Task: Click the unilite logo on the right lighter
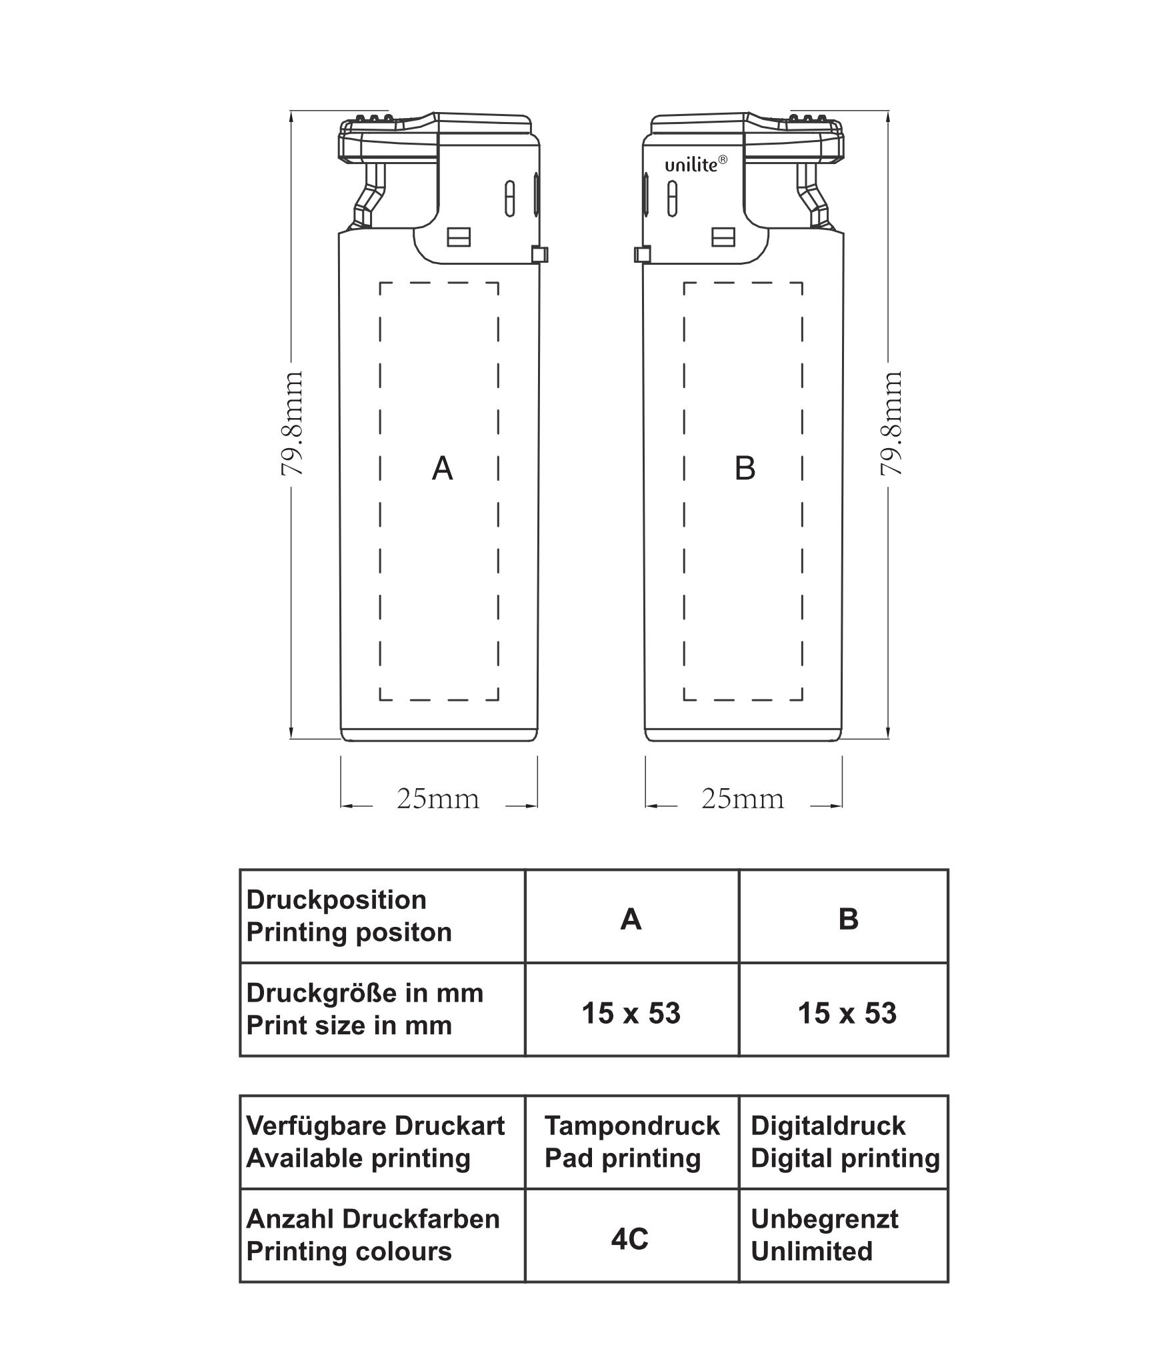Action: (x=695, y=165)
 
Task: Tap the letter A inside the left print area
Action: (x=442, y=468)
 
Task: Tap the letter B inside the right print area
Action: (x=745, y=468)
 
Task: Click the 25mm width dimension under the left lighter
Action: (x=438, y=798)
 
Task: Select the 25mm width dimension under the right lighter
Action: (x=742, y=798)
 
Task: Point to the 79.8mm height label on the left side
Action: (x=292, y=423)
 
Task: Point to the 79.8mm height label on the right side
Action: (x=891, y=423)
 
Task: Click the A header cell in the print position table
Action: (x=631, y=920)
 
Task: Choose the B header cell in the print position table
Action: (x=848, y=920)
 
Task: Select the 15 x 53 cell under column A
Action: (x=631, y=1013)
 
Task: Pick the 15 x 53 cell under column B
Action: (x=847, y=1013)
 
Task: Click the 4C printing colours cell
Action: (x=629, y=1239)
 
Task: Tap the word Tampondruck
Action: (x=632, y=1126)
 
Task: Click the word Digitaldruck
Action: (x=827, y=1126)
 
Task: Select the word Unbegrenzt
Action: (x=824, y=1220)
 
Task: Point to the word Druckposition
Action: (x=336, y=900)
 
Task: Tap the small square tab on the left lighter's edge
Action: (x=539, y=254)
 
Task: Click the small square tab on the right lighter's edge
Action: (x=642, y=254)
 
